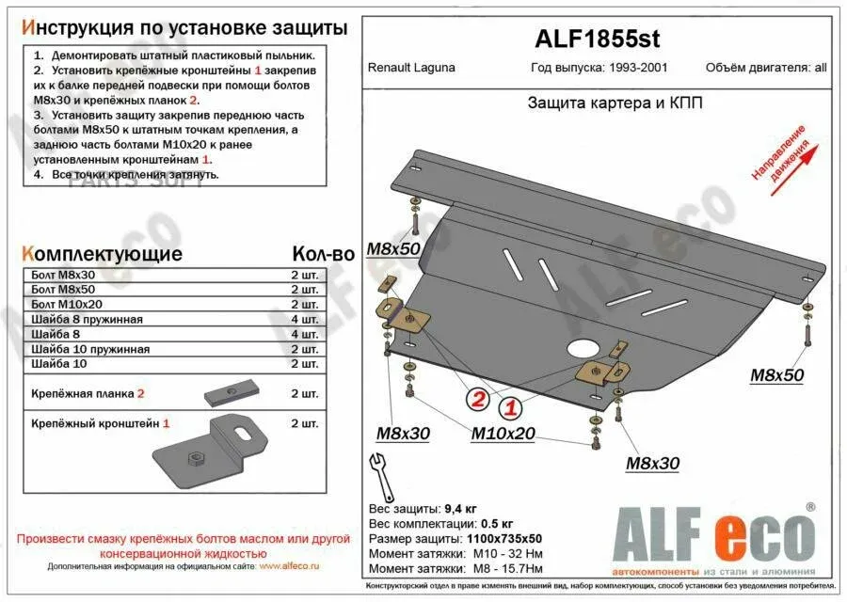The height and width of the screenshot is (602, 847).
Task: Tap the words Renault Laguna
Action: [x=411, y=68]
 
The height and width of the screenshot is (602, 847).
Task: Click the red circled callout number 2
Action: [x=478, y=400]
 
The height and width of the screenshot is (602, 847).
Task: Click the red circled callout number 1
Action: [x=510, y=408]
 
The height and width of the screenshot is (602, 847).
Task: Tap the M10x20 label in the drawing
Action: [x=503, y=434]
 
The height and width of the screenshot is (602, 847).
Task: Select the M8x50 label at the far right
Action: [x=776, y=375]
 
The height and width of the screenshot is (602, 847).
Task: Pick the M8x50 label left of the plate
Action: [x=393, y=248]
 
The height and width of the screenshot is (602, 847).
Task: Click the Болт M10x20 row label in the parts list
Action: [x=67, y=306]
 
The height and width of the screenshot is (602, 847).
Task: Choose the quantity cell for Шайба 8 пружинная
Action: [x=305, y=320]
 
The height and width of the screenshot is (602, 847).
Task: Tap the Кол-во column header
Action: [x=322, y=254]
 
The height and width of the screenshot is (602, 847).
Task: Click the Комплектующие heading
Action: [x=101, y=254]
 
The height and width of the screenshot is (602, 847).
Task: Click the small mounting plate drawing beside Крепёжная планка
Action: [x=232, y=391]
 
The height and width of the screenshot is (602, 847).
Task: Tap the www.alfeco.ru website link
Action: [x=289, y=565]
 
